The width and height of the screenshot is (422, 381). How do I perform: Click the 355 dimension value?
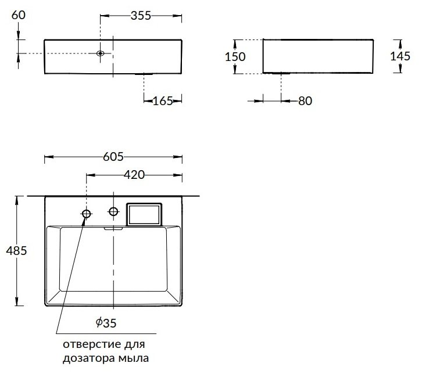point(141,16)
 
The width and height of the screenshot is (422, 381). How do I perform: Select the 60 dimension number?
point(19,15)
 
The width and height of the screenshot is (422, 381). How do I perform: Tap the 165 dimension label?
point(163,101)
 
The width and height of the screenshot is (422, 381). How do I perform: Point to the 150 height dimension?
point(235,57)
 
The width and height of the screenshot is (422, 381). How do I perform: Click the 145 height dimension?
point(400,56)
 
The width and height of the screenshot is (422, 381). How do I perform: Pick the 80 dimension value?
point(305,101)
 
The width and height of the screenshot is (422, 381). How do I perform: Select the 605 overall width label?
point(113,157)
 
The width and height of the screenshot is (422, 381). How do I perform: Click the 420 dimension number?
point(134,175)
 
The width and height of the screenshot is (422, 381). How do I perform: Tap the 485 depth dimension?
point(17,251)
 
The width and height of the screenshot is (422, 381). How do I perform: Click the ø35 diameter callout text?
point(106,323)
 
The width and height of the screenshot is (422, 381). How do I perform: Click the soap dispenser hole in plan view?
point(87,214)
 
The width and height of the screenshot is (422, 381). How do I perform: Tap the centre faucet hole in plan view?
point(113,211)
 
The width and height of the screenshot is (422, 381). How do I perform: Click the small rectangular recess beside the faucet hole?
point(144,214)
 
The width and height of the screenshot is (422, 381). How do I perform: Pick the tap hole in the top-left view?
point(101,53)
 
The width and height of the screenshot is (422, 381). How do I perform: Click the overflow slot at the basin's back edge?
point(113,229)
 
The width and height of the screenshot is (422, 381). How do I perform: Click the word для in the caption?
point(135,345)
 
